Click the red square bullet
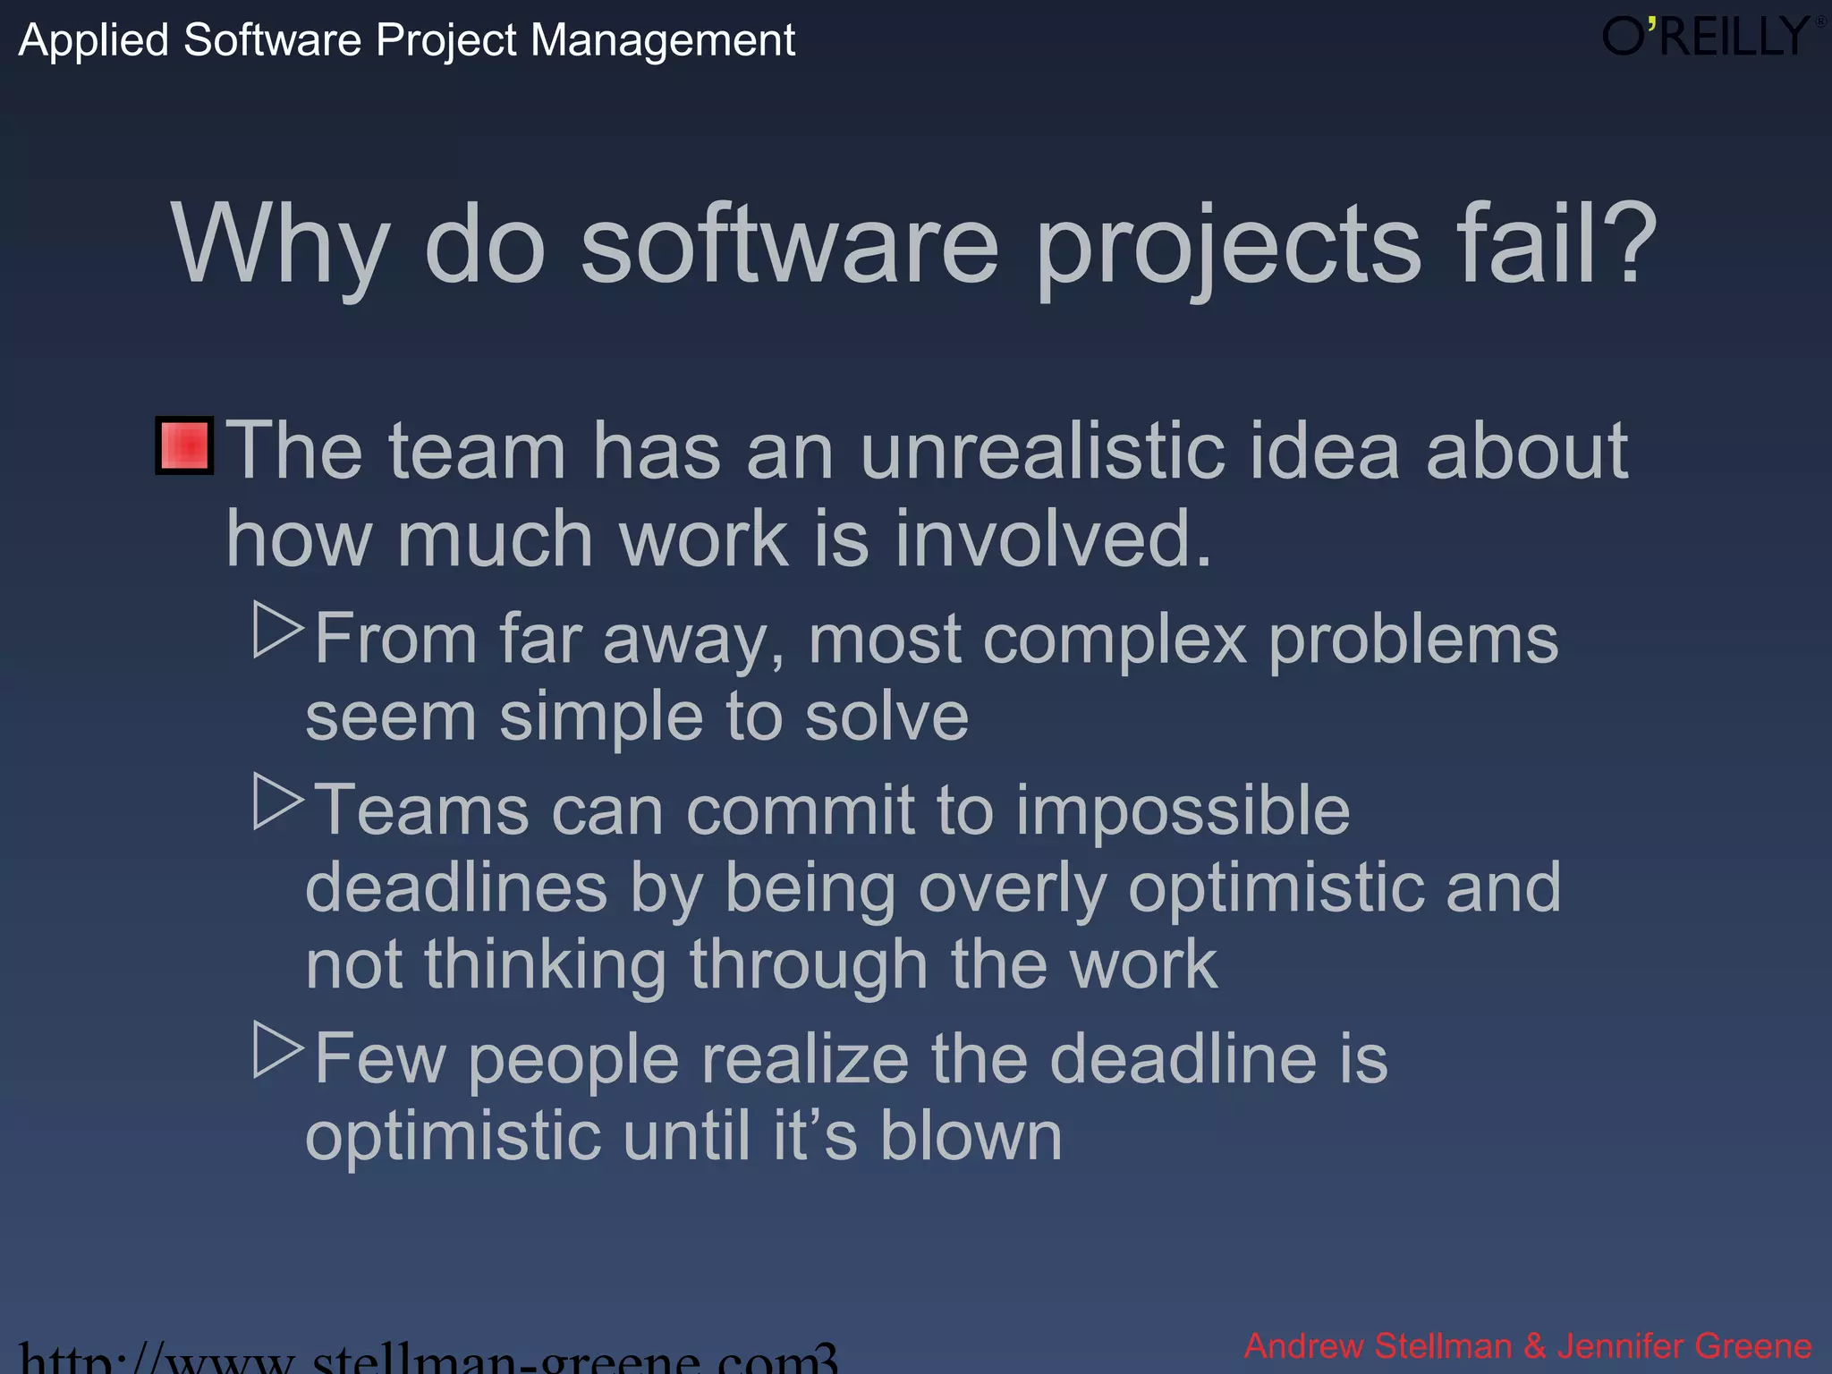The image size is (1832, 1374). click(x=184, y=445)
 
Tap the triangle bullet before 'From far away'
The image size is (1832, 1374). click(x=277, y=630)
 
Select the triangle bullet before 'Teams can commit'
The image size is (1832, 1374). click(x=277, y=801)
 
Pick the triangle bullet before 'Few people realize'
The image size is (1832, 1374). click(x=277, y=1050)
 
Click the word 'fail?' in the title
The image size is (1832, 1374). click(x=1556, y=243)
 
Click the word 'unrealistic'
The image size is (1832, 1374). click(x=1041, y=451)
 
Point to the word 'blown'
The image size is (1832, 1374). click(x=971, y=1136)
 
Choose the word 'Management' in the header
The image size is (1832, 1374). click(x=663, y=41)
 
